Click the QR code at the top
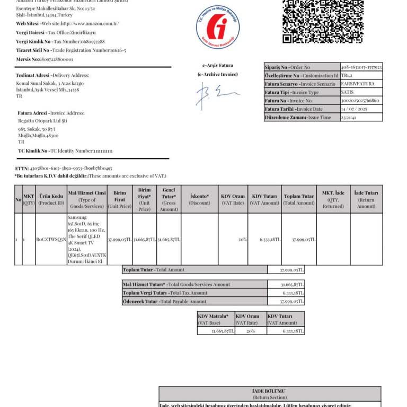point(323,21)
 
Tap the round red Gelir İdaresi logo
point(218,27)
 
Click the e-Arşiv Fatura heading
point(218,66)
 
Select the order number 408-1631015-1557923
point(361,67)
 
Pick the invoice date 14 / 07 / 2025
point(355,109)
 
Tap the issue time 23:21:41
point(349,118)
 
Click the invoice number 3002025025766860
point(360,101)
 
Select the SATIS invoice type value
point(348,93)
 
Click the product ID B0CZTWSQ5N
point(51,240)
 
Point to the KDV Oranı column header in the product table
point(233,199)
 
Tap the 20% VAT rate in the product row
point(242,240)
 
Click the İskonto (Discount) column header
point(199,199)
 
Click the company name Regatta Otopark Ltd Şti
point(42,121)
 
